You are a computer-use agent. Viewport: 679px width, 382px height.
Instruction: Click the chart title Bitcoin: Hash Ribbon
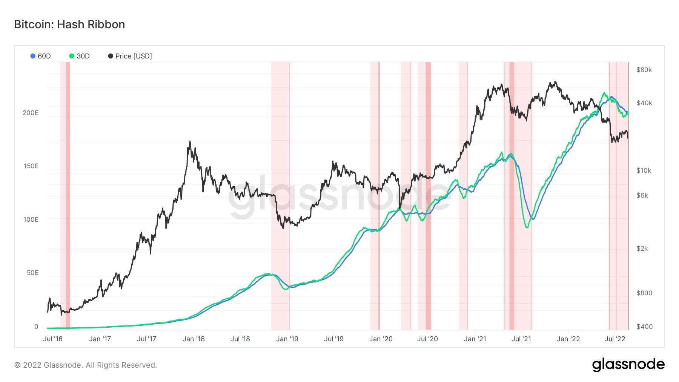69,25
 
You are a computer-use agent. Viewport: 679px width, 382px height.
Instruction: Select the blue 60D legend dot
33,56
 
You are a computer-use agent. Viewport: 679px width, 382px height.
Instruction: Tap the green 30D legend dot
72,56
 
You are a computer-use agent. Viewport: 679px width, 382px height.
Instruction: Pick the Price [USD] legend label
134,56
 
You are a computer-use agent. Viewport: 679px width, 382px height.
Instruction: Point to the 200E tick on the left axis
31,113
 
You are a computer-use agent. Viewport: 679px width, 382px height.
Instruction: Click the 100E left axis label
31,219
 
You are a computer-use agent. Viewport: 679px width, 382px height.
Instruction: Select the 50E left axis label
32,273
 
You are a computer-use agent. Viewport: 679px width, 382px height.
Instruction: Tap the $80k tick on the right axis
644,70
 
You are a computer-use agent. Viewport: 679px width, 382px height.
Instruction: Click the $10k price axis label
644,170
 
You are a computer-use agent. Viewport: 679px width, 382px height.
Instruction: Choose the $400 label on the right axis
644,327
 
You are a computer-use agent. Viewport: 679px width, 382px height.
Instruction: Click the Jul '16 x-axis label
53,339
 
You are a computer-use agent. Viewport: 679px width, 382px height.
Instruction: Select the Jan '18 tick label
194,339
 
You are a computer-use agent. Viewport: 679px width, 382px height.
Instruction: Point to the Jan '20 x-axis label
381,339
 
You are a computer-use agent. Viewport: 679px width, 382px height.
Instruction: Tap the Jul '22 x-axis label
615,339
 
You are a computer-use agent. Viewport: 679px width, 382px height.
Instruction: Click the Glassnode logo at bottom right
628,365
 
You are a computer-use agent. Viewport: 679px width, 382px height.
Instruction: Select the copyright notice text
86,365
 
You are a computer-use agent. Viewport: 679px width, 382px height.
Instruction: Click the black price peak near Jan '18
190,142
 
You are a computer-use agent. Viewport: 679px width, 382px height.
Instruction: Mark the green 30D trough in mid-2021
527,227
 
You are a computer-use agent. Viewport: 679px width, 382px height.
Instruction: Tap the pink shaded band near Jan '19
280,196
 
